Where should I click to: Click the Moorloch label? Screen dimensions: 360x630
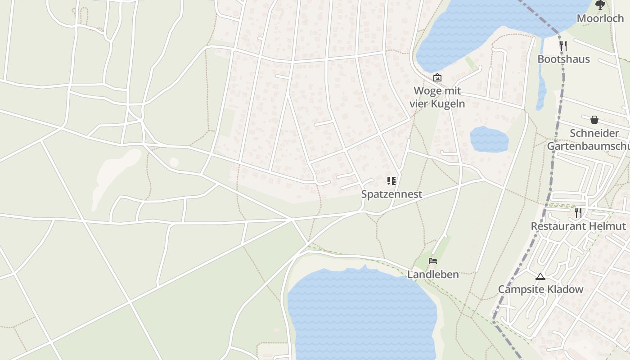(600, 18)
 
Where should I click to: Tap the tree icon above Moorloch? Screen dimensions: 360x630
(600, 5)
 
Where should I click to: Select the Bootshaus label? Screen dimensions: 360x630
(563, 59)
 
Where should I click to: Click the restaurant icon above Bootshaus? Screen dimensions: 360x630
(563, 45)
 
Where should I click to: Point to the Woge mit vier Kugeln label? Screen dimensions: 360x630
(437, 97)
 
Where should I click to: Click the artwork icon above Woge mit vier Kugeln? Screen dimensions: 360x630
(437, 77)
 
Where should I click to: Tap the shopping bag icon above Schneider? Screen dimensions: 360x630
(594, 120)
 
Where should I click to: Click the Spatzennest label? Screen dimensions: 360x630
(391, 194)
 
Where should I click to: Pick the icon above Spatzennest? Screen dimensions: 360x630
(391, 181)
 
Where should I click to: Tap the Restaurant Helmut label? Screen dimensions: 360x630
(578, 226)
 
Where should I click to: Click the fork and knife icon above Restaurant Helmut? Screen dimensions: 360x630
(578, 212)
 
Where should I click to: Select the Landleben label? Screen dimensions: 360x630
(433, 274)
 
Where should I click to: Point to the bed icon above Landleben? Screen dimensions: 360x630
(433, 261)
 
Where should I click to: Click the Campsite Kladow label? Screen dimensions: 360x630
(540, 289)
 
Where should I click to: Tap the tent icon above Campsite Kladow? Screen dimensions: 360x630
(540, 276)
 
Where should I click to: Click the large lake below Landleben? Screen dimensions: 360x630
(360, 315)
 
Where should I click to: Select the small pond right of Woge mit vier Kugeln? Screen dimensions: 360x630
(489, 139)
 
